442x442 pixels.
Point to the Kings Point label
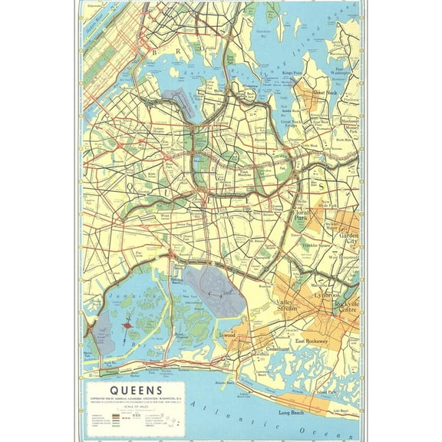(293, 73)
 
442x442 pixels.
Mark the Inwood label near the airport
(248, 334)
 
